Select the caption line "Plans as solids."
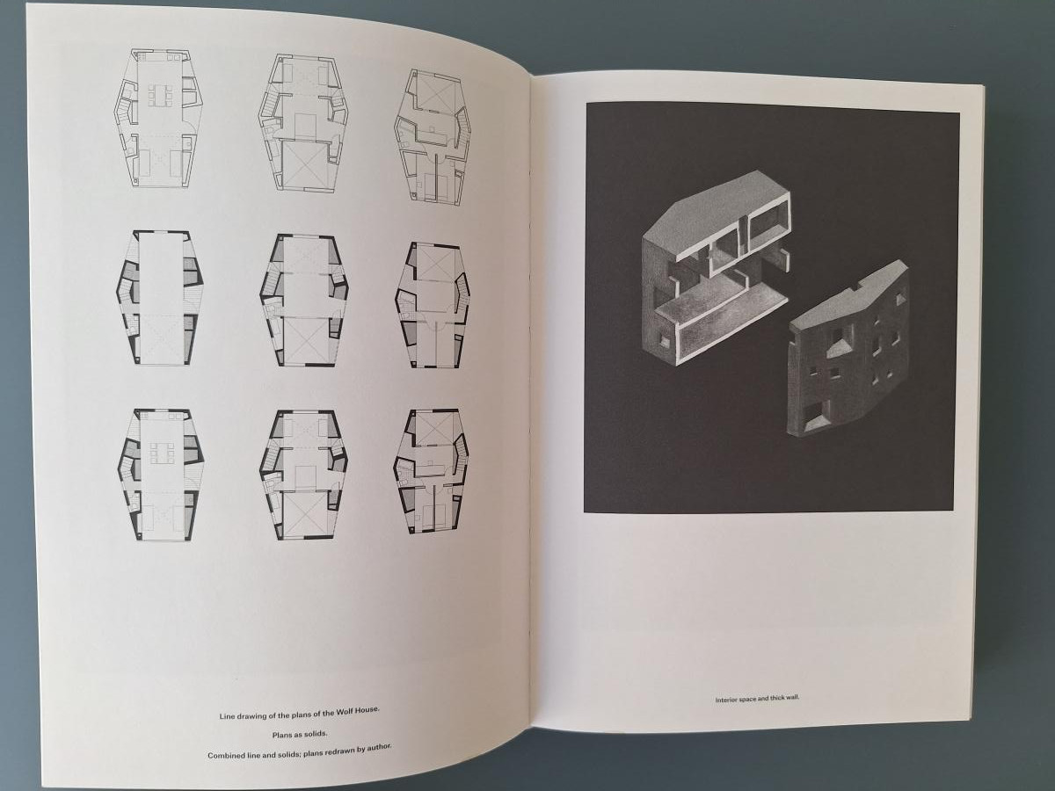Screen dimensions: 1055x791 (x=300, y=734)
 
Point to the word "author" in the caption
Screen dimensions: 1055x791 (x=378, y=748)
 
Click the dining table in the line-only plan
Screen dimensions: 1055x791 (x=160, y=96)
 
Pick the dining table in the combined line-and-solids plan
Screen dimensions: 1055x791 (x=162, y=453)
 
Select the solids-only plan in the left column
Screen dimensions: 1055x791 (x=160, y=297)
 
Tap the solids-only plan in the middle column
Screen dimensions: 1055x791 (x=304, y=301)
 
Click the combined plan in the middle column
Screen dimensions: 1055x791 (x=304, y=475)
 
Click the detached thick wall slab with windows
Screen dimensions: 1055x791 (x=848, y=350)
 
